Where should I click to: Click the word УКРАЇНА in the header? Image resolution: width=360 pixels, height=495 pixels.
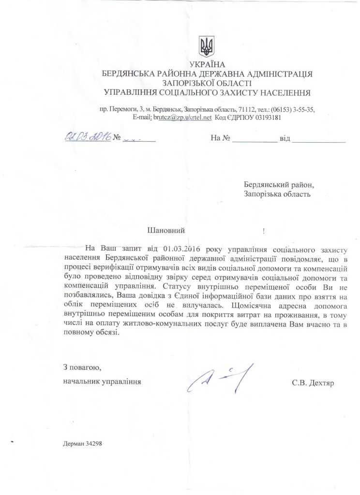pos(207,64)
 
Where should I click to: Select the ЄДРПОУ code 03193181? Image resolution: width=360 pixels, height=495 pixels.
pos(265,117)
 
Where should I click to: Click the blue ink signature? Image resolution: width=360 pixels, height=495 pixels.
pos(220,377)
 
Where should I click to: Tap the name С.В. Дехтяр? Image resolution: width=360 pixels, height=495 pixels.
pos(313,382)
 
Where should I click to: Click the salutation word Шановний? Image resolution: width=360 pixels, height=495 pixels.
pos(166,231)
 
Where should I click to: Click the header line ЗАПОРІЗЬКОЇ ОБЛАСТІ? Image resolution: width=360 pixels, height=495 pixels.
pos(207,83)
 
